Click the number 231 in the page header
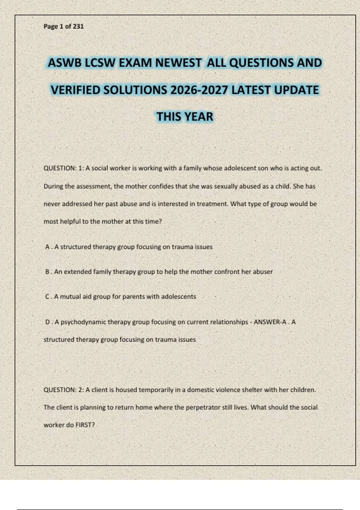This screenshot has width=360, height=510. (78, 26)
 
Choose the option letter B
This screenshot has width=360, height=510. (47, 272)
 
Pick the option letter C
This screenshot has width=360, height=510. (47, 297)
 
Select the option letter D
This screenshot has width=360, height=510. (47, 322)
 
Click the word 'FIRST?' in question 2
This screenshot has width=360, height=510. (85, 425)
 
